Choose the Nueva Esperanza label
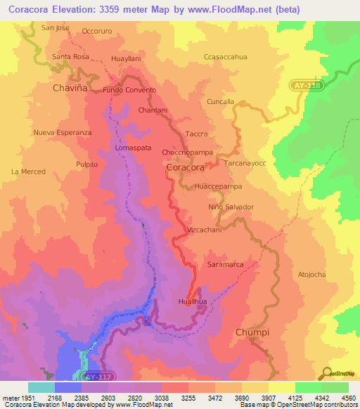pos(63,132)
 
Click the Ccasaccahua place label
pos(225,57)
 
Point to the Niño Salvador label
pos(231,207)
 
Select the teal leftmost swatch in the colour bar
pos(41,387)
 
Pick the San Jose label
pos(56,28)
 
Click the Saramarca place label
pos(225,264)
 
